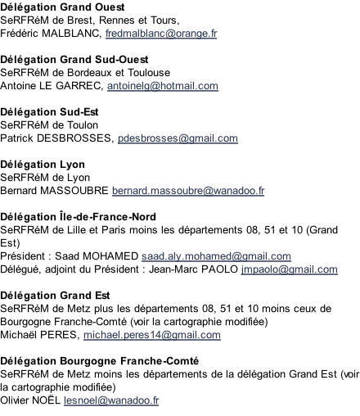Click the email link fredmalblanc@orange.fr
(161, 34)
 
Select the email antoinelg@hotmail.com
(163, 86)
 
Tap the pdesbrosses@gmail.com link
(178, 138)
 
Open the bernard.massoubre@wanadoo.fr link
(188, 191)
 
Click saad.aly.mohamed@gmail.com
(216, 256)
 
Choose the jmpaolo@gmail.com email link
(290, 269)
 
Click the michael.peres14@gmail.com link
(152, 335)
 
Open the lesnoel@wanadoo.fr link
(111, 400)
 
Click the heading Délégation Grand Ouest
(62, 7)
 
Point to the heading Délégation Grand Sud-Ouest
(74, 60)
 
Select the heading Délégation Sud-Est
(49, 112)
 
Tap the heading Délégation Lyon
(43, 165)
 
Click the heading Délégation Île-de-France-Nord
(78, 217)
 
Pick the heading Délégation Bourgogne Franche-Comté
(99, 361)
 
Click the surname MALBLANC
(71, 34)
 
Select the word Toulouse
(149, 73)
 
